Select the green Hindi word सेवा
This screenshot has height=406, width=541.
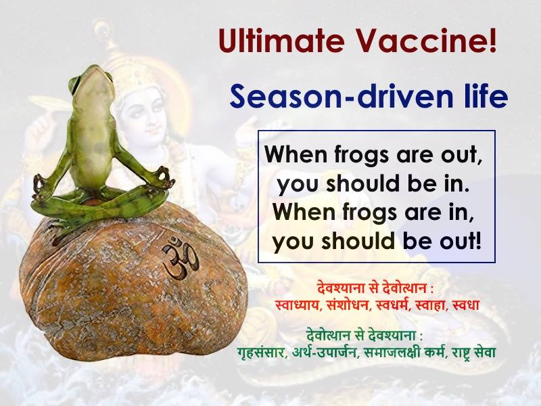click(484, 353)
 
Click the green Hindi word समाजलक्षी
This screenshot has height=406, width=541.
click(392, 353)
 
